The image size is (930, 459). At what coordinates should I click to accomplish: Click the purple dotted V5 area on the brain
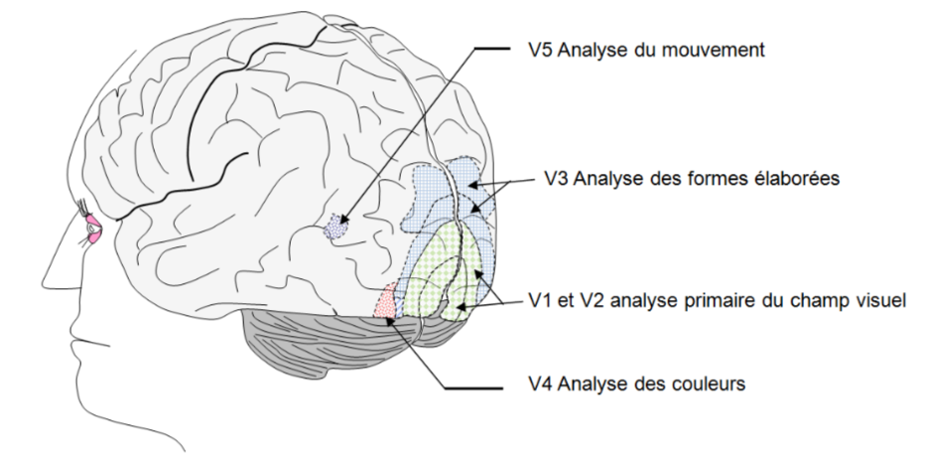point(336,227)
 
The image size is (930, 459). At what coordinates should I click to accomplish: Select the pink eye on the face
point(93,229)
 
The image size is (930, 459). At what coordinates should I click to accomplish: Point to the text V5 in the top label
point(540,50)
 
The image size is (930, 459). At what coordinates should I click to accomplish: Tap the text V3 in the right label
point(557,178)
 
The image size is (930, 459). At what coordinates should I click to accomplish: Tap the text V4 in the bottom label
point(540,383)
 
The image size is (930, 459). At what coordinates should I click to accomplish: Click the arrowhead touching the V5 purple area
point(343,220)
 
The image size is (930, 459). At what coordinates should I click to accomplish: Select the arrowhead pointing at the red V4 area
point(389,321)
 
